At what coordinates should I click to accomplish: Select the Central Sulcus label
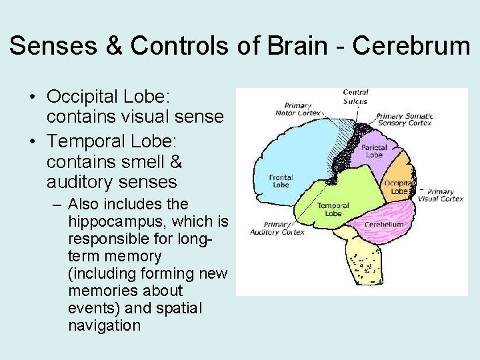[x=356, y=97]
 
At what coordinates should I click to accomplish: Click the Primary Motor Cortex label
[x=298, y=109]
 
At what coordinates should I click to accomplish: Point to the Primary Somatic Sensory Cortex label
[x=405, y=119]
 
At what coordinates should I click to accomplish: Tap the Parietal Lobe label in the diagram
[x=374, y=151]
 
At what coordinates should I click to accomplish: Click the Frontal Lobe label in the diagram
[x=281, y=181]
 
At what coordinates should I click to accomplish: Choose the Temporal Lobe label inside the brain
[x=333, y=210]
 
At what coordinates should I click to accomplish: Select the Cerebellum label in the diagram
[x=384, y=225]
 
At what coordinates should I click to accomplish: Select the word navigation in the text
[x=104, y=325]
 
